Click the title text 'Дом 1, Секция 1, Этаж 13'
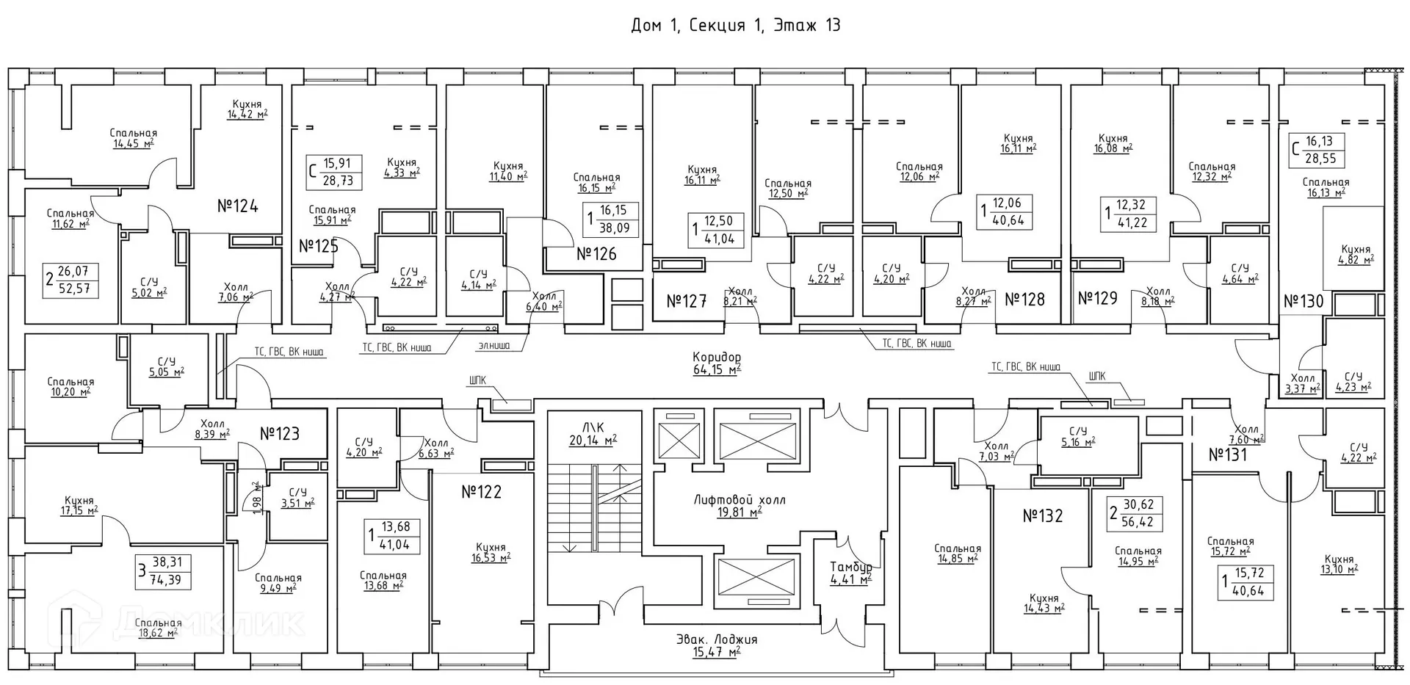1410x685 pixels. pyautogui.click(x=735, y=26)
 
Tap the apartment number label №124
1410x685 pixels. pyautogui.click(x=238, y=206)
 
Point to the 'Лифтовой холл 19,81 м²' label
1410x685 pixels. pyautogui.click(x=740, y=506)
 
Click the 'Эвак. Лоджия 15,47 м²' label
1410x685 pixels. pyautogui.click(x=717, y=645)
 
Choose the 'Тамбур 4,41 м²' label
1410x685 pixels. pyautogui.click(x=851, y=573)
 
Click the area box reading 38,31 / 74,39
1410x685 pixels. pyautogui.click(x=163, y=572)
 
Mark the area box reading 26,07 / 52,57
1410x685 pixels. pyautogui.click(x=72, y=280)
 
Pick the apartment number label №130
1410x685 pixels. pyautogui.click(x=1304, y=301)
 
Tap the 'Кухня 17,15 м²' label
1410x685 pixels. pyautogui.click(x=79, y=506)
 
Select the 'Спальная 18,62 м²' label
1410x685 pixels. pyautogui.click(x=158, y=628)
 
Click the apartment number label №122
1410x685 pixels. pyautogui.click(x=481, y=492)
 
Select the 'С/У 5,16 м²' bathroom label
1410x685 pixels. pyautogui.click(x=1077, y=436)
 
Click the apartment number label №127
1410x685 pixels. pyautogui.click(x=686, y=301)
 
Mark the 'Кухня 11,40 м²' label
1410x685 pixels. pyautogui.click(x=508, y=171)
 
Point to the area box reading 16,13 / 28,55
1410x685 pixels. pyautogui.click(x=1315, y=150)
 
